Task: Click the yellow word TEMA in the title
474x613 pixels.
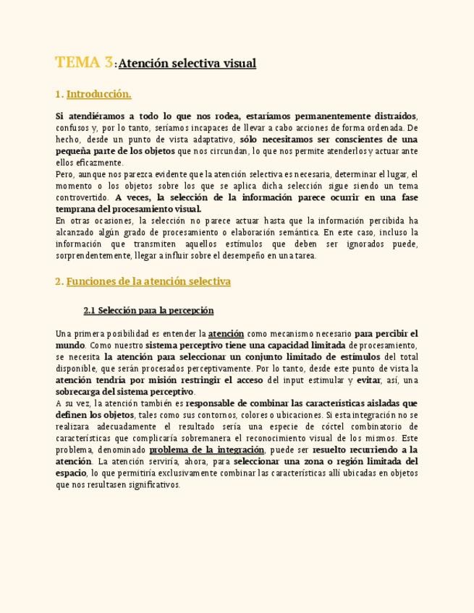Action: click(x=77, y=63)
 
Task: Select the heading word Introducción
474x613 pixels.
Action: click(x=98, y=95)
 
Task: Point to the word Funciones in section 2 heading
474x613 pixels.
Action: click(x=90, y=282)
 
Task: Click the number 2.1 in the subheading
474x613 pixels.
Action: click(x=90, y=311)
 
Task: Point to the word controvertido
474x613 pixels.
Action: click(x=82, y=197)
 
